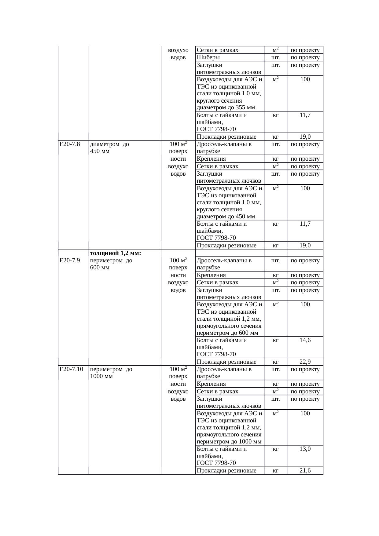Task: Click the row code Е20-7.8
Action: pos(69,144)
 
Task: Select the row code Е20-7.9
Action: pos(69,261)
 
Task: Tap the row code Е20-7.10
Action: pos(71,369)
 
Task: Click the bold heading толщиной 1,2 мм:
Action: pos(116,253)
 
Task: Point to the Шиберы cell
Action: pos(208,57)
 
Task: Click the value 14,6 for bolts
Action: pos(305,340)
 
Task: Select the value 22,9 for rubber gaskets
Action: pos(305,362)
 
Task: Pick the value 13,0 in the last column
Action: pos(305,449)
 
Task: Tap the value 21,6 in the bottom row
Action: pos(305,471)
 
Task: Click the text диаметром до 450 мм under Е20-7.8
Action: pos(109,148)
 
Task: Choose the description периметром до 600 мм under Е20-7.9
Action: pos(111,264)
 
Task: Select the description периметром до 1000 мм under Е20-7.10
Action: pos(111,373)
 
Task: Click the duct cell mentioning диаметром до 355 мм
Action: pos(230,93)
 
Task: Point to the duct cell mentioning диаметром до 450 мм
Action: pos(230,202)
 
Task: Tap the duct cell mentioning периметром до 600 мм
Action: pos(230,319)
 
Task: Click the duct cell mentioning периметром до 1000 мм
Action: pos(230,427)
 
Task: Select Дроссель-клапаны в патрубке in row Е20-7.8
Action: pos(224,148)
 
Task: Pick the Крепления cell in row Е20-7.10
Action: pos(212,384)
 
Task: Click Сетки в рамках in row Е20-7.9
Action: pos(218,283)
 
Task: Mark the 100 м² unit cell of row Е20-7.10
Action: pos(178,369)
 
